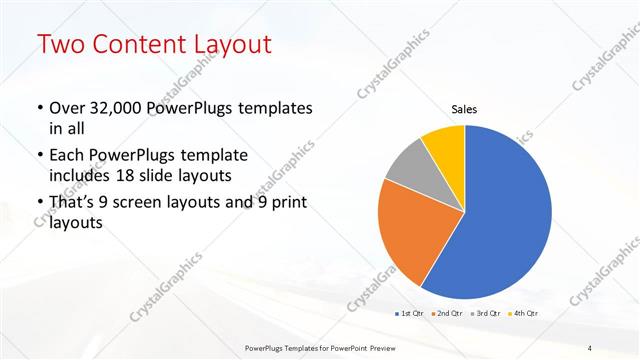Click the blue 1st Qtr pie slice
pyautogui.click(x=500, y=220)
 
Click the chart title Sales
pyautogui.click(x=464, y=109)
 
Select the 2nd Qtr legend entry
pyautogui.click(x=449, y=314)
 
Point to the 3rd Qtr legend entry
pyautogui.click(x=488, y=314)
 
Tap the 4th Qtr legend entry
pyautogui.click(x=526, y=314)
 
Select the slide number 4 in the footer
pyautogui.click(x=590, y=347)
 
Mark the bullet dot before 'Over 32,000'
pyautogui.click(x=39, y=108)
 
